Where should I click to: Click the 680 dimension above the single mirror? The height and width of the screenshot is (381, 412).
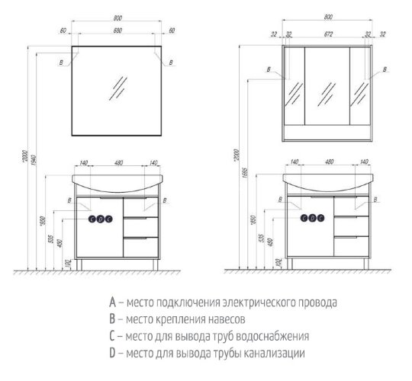click(x=117, y=31)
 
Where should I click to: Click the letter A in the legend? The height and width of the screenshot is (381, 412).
click(x=112, y=302)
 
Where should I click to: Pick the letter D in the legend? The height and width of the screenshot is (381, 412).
click(x=112, y=354)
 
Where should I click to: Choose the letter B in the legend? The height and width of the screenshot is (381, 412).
click(x=112, y=319)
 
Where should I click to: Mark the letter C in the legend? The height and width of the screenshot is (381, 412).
click(x=112, y=336)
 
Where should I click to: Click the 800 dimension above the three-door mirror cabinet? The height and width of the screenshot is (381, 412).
click(x=327, y=16)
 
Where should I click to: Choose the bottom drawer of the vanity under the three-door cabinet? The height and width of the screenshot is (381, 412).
click(x=354, y=247)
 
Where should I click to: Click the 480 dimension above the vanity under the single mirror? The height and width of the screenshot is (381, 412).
click(x=117, y=164)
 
